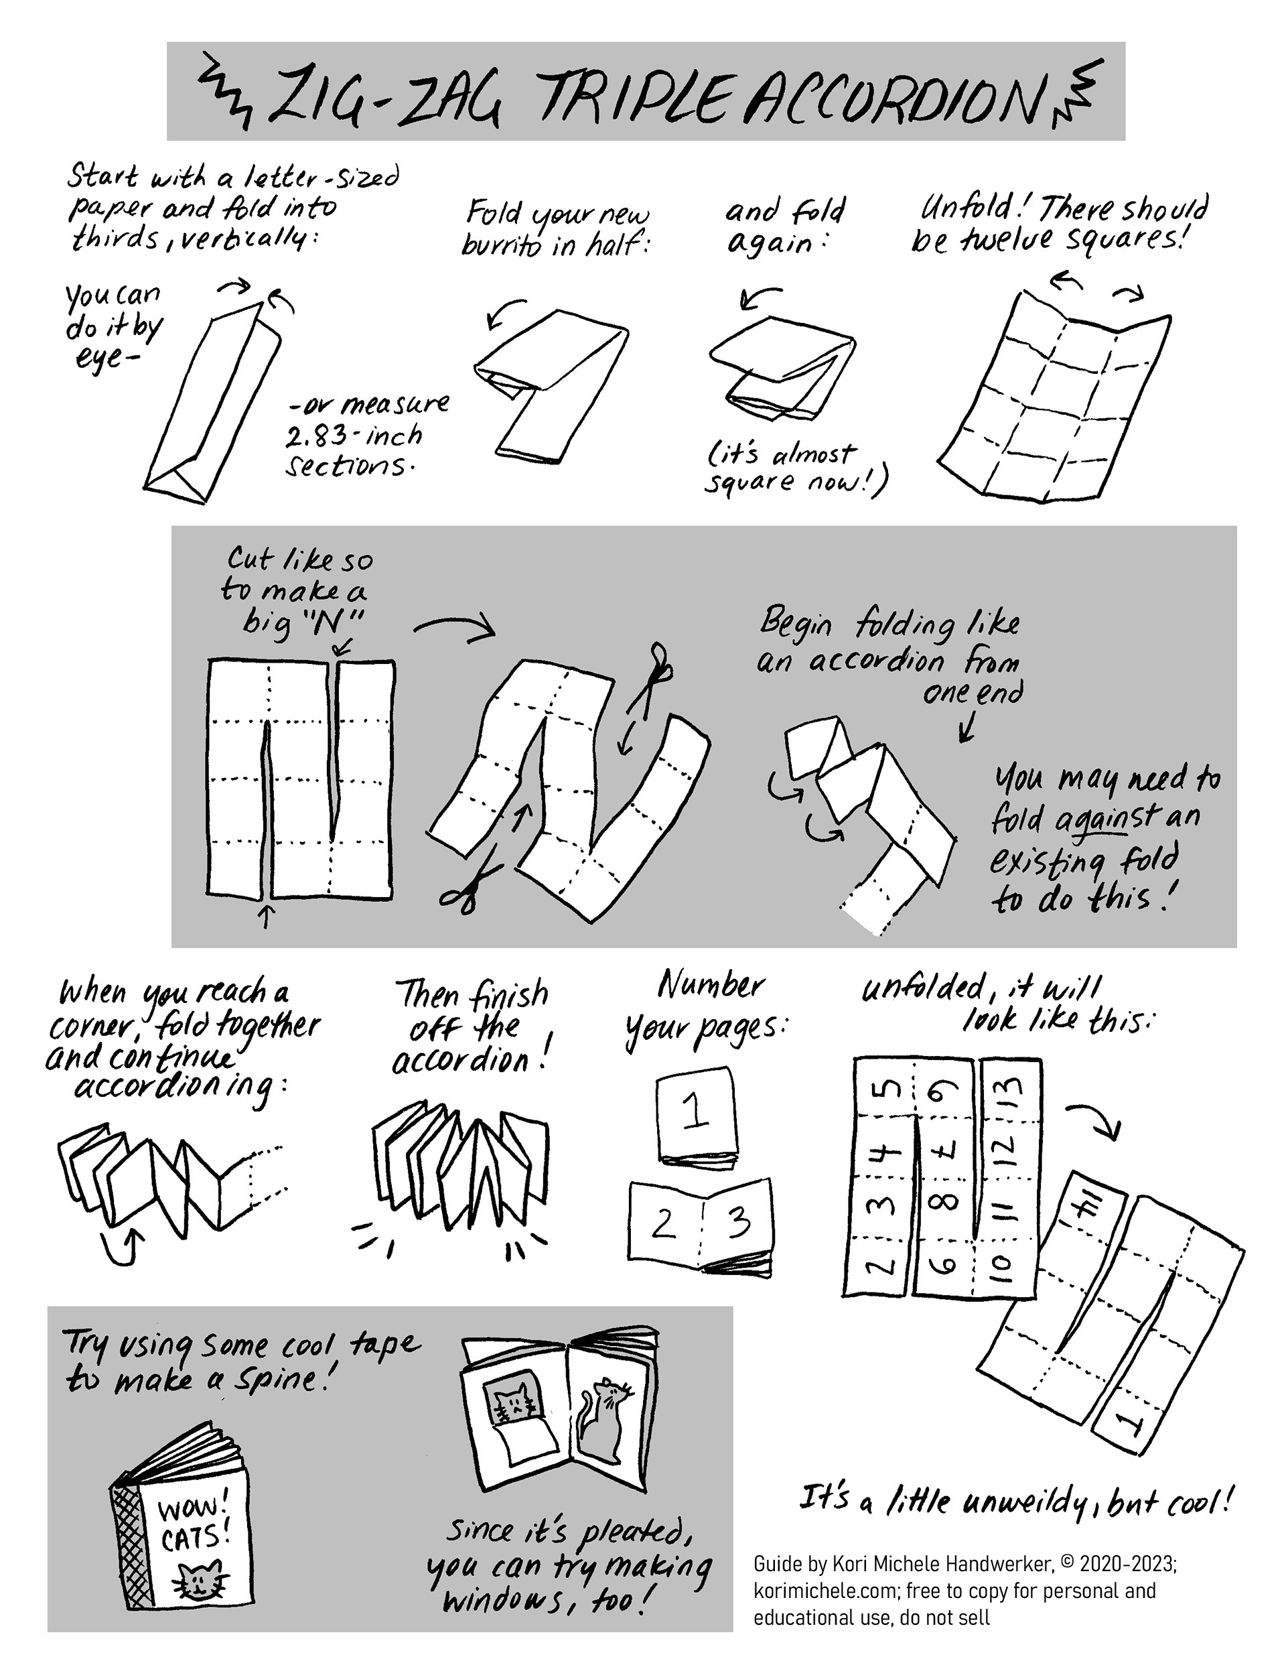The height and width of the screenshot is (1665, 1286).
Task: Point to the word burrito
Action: (x=502, y=247)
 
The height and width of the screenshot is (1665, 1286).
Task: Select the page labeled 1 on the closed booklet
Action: (x=695, y=1114)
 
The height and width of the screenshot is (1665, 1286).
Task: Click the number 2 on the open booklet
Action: (x=662, y=1223)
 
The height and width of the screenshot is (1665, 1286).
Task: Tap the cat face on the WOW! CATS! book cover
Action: (x=200, y=1581)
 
